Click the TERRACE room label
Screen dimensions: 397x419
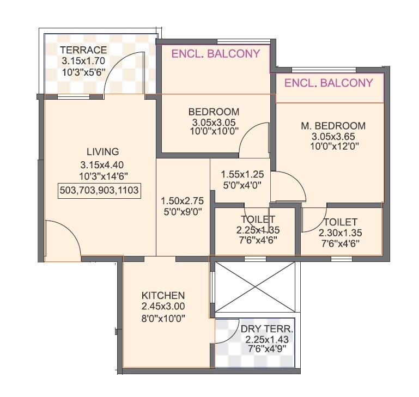tap(83, 51)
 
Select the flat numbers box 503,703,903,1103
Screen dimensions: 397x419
tap(99, 190)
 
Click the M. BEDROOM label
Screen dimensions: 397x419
tap(333, 126)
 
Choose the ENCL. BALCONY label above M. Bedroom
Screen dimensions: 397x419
tap(329, 83)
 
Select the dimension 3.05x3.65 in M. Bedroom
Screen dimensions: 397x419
tap(333, 136)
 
